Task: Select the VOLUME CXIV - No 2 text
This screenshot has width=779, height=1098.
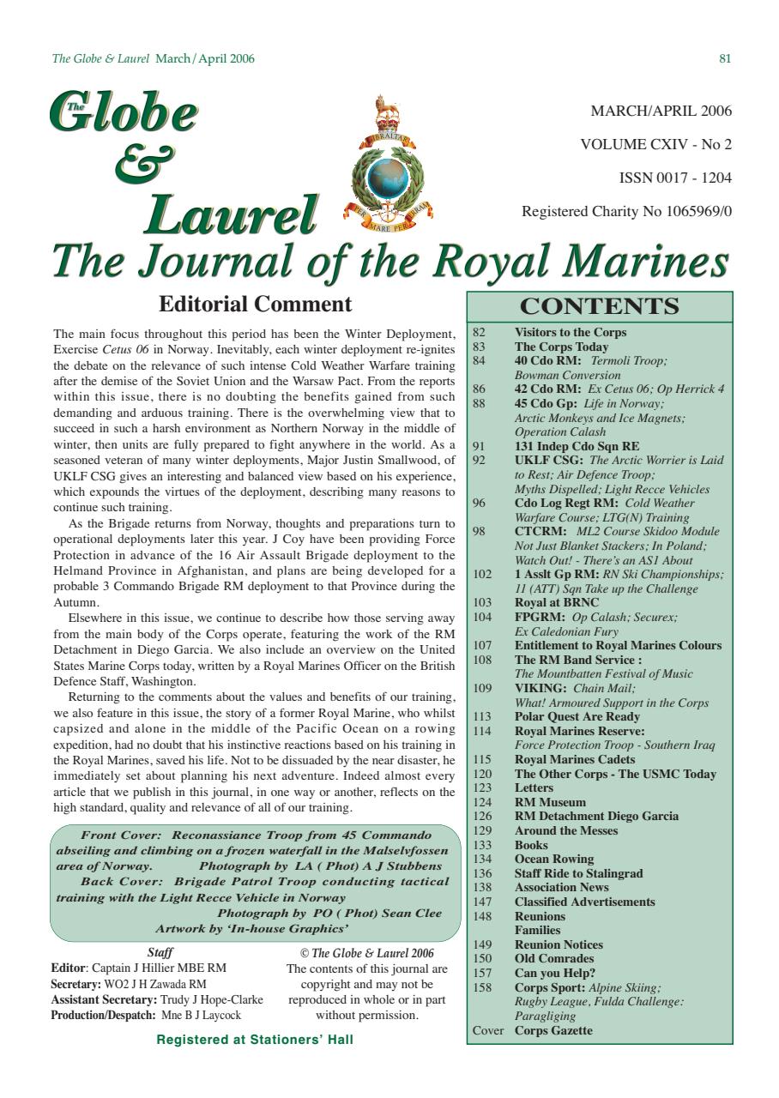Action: [656, 144]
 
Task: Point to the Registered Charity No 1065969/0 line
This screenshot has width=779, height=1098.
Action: [627, 212]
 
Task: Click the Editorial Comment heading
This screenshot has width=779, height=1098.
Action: [256, 305]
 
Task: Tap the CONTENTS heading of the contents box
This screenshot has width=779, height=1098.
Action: [600, 306]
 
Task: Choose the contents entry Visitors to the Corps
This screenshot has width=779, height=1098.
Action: [571, 333]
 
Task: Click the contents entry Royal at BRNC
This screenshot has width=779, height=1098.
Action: [557, 603]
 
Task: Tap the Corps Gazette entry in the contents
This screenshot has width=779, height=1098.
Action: [553, 1030]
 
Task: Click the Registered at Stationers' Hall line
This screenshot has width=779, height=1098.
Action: [255, 1040]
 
